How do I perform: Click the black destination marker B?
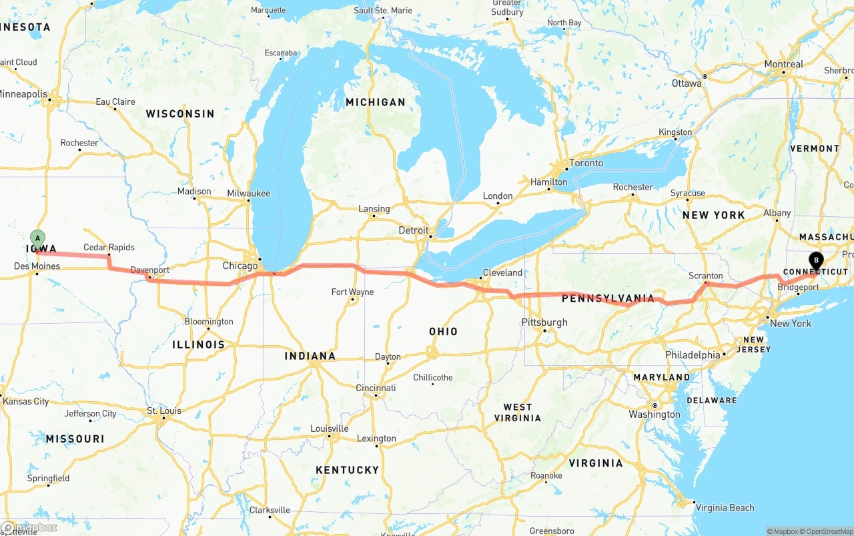tap(815, 261)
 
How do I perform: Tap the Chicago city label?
tap(240, 266)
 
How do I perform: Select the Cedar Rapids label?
tap(109, 247)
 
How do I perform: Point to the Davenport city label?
tap(149, 270)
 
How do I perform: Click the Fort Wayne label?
tap(352, 292)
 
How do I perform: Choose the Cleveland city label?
tap(502, 272)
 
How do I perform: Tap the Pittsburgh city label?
tap(544, 322)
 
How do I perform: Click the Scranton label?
tap(705, 276)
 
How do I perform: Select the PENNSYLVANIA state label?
tap(608, 298)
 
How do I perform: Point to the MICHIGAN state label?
tap(376, 102)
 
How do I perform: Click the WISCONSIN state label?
tap(180, 114)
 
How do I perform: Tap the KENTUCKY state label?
tap(347, 470)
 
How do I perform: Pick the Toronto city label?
tap(586, 163)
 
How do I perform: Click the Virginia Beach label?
tap(725, 507)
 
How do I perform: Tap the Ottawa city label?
tap(687, 83)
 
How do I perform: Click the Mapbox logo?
tap(29, 527)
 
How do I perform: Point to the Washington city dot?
tap(655, 405)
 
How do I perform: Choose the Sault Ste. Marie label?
tap(383, 11)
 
